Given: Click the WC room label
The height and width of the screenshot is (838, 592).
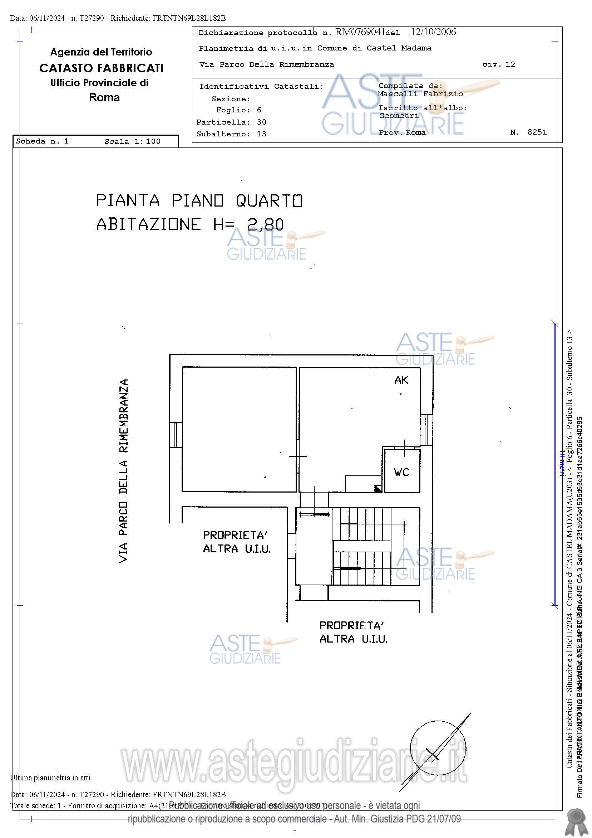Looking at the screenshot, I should pos(401,472).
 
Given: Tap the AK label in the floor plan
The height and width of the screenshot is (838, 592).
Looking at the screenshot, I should pos(401,380).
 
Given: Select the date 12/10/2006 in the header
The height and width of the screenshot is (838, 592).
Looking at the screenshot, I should pos(433,32).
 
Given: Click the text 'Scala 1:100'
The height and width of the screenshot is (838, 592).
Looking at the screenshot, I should pos(132,142).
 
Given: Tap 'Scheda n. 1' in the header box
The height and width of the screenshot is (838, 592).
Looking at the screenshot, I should pos(42,141).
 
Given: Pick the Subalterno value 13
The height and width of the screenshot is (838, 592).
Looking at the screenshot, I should pos(261,134).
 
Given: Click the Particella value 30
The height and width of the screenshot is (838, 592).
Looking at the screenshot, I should pos(261,122).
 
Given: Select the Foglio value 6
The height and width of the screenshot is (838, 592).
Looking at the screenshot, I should pos(259,110).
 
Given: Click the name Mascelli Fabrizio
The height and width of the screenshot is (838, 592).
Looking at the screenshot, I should pos(420,94).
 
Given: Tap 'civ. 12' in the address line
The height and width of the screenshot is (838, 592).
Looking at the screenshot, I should pos(498,64).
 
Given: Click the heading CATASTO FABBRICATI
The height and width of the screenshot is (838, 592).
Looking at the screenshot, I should pos(101,68).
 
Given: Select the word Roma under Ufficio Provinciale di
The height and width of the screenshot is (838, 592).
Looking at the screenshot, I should pos(104,97).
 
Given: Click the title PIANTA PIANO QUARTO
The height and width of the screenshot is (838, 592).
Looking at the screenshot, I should pos(199,201).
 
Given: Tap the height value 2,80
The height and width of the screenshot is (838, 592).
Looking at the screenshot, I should pos(265,224).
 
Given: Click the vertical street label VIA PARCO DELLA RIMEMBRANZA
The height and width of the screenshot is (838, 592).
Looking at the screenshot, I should pos(124,471).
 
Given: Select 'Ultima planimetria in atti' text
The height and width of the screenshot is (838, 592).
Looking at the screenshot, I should pos(50,778).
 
